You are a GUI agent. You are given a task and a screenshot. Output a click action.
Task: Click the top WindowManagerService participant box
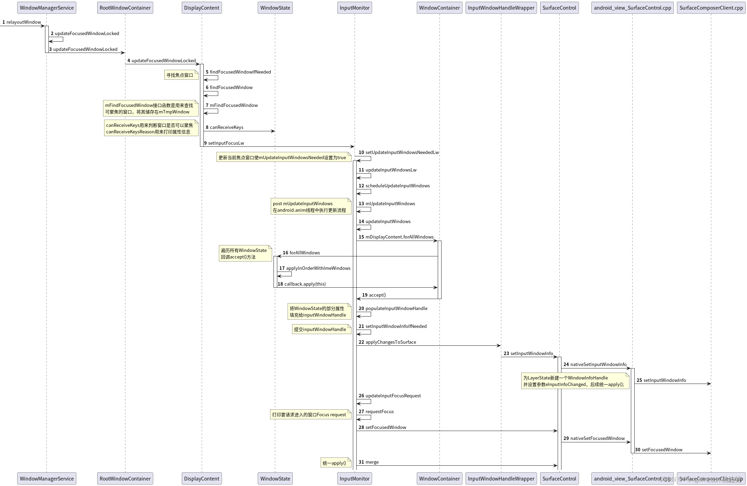47,8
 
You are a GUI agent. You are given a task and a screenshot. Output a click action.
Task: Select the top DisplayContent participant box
202,8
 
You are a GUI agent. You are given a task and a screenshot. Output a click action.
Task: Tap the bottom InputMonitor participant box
355,478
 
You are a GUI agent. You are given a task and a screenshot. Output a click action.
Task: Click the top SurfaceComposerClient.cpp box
711,8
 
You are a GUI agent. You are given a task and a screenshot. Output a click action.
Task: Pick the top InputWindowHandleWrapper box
501,8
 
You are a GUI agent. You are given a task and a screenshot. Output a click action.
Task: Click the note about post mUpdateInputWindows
310,207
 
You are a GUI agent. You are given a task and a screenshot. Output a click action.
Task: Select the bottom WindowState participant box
275,478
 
